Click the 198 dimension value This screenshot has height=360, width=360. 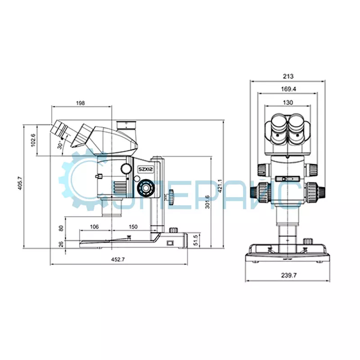tap(81, 103)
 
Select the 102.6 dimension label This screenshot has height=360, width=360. tap(33, 140)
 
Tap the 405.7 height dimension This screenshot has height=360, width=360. tap(20, 183)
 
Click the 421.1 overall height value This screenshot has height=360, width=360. tap(220, 186)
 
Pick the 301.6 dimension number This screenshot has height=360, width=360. tap(207, 202)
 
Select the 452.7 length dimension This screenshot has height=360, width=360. tap(118, 260)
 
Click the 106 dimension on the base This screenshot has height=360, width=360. tap(94, 227)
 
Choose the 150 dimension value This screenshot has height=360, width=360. tap(133, 227)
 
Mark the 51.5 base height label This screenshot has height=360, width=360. tap(196, 240)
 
